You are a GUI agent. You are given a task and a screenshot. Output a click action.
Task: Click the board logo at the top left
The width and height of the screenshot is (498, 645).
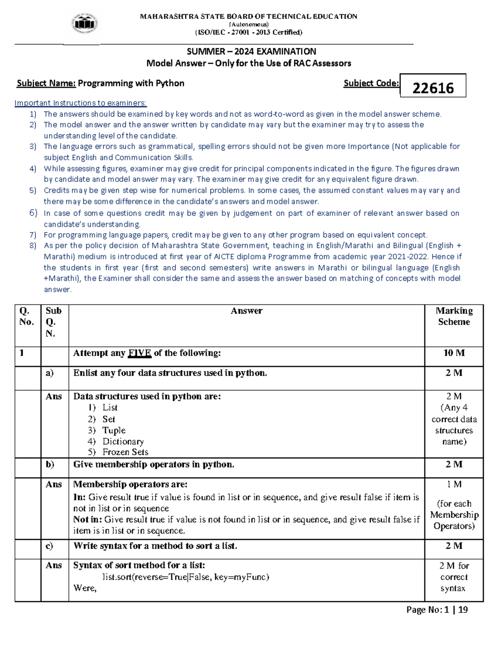(x=85, y=24)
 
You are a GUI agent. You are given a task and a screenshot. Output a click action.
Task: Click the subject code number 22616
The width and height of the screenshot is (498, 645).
(x=433, y=88)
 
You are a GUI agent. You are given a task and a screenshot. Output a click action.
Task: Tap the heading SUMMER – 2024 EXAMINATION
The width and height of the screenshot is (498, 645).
(x=251, y=52)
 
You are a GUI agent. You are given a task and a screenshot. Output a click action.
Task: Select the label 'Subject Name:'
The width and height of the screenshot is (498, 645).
(x=46, y=83)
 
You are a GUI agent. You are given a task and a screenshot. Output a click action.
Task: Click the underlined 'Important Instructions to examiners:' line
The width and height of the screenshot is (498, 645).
(x=81, y=103)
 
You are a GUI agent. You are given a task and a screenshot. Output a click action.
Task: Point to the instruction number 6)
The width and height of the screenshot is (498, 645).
(x=33, y=213)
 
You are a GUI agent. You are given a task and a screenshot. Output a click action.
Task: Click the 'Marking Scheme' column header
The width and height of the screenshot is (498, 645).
(x=454, y=316)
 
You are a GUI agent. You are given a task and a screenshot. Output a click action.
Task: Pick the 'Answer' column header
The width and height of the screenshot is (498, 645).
(x=247, y=311)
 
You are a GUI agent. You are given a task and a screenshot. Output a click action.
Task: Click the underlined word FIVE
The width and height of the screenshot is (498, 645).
(x=139, y=353)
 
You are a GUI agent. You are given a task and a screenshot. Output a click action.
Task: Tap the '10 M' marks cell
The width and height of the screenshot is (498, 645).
(x=454, y=353)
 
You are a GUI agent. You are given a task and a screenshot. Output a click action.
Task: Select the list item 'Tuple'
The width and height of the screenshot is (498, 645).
(x=114, y=430)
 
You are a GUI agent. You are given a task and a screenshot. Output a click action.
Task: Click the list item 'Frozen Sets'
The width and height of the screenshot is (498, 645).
(x=125, y=452)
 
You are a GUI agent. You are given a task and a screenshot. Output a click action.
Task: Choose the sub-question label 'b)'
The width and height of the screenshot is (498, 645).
(x=50, y=464)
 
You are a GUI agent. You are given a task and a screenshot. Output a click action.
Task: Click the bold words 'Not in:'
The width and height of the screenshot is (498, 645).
(x=88, y=520)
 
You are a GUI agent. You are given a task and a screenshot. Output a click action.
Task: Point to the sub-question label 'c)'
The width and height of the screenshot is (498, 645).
(x=49, y=546)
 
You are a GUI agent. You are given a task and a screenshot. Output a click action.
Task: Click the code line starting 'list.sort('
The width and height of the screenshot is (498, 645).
(x=186, y=577)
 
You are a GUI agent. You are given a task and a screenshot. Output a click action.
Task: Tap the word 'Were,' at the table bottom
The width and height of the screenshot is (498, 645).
(x=85, y=588)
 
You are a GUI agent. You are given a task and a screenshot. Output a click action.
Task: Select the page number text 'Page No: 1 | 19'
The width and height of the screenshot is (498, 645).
(x=437, y=610)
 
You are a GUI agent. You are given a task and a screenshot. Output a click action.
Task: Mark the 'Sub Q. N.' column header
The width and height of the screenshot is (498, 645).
(x=53, y=322)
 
